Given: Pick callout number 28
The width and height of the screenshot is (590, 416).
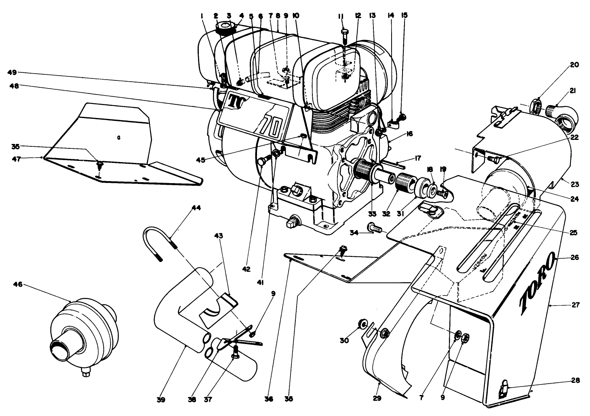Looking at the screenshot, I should point(575,380).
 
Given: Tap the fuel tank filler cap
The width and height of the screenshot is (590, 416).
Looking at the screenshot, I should point(225,28).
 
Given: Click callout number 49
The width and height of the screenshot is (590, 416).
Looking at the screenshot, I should point(13,72).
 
